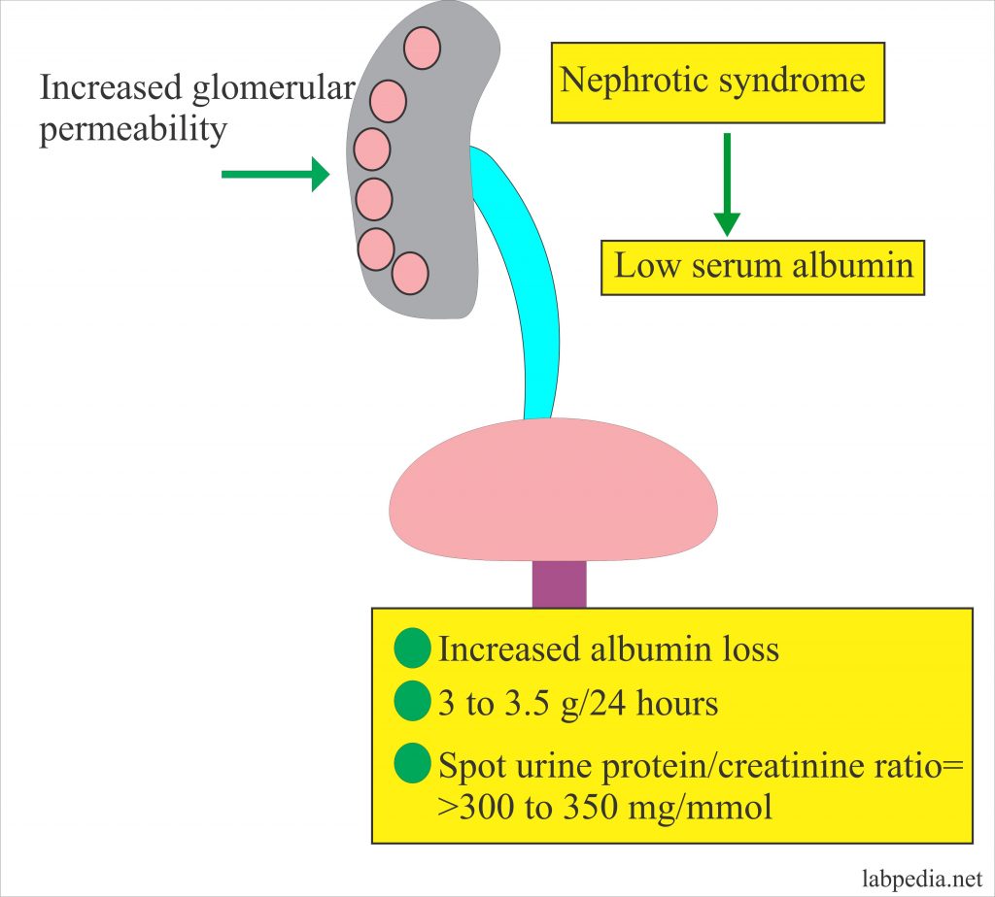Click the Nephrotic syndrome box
coord(717,82)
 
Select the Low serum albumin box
coord(763,267)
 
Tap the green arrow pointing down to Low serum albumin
coord(726,184)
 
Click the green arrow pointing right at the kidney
coord(275,175)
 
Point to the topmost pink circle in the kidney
coord(422,49)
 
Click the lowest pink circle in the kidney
coord(410,272)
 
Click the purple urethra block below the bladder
coord(559,584)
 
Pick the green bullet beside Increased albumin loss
coord(412,649)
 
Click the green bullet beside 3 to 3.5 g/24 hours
coord(412,703)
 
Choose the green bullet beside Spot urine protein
coord(412,765)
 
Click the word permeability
coord(132,129)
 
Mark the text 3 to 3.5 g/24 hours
coord(578,704)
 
